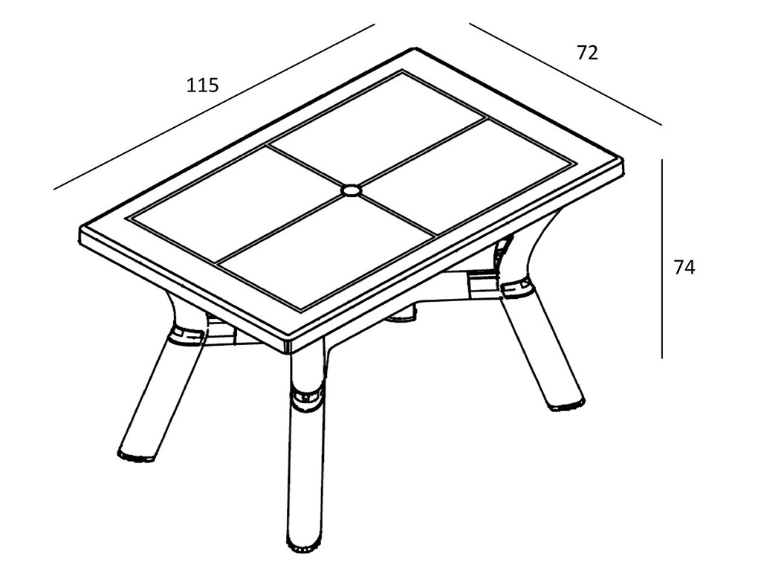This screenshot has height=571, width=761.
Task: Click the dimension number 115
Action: pyautogui.click(x=203, y=85)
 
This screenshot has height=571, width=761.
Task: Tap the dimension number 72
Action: pyautogui.click(x=587, y=53)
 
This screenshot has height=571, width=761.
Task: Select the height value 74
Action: pyautogui.click(x=684, y=268)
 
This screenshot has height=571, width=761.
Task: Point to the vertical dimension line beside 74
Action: pyautogui.click(x=662, y=258)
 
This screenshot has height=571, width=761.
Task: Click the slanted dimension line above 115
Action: pyautogui.click(x=214, y=107)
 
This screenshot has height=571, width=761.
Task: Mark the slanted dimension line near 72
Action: pyautogui.click(x=566, y=74)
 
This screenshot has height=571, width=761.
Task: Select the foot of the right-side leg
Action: pyautogui.click(x=566, y=404)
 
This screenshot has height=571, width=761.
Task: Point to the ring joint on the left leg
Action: pyautogui.click(x=186, y=335)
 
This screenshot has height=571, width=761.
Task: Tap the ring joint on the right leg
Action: pyautogui.click(x=518, y=288)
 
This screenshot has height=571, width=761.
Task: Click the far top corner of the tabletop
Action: pyautogui.click(x=415, y=48)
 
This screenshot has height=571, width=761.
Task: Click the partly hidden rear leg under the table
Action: pyautogui.click(x=402, y=314)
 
